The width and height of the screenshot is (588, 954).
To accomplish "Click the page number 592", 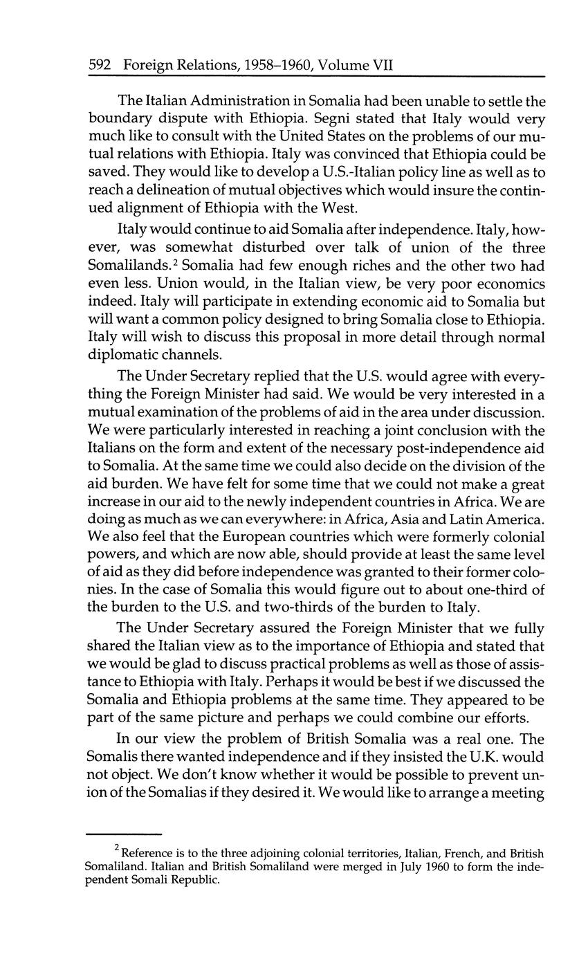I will pos(101,66).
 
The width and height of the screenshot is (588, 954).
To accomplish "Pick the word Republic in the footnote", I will pos(199,881).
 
